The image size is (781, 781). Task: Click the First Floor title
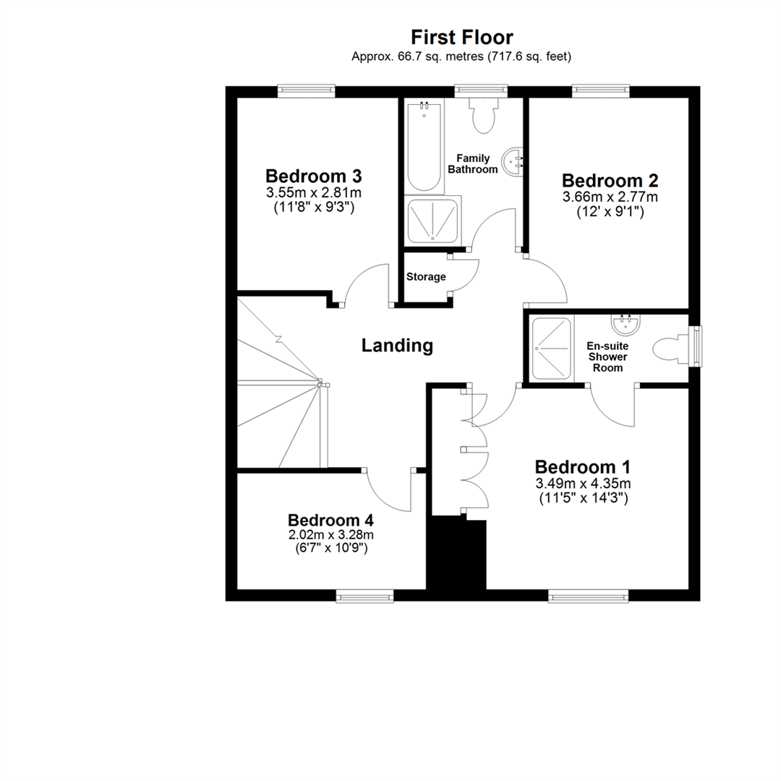(462, 37)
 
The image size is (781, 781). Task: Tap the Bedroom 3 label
(313, 176)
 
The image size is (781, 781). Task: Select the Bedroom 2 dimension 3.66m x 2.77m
(610, 197)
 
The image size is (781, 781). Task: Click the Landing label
(397, 346)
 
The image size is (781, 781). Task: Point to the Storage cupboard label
(426, 277)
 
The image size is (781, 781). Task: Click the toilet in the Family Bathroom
(482, 116)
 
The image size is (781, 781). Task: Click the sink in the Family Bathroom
(515, 160)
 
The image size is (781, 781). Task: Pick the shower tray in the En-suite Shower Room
(552, 349)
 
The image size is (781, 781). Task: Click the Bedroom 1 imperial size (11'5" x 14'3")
(583, 498)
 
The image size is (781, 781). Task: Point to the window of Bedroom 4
(365, 596)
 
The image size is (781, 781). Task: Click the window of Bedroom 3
(307, 90)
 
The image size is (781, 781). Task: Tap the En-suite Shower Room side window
(696, 346)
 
